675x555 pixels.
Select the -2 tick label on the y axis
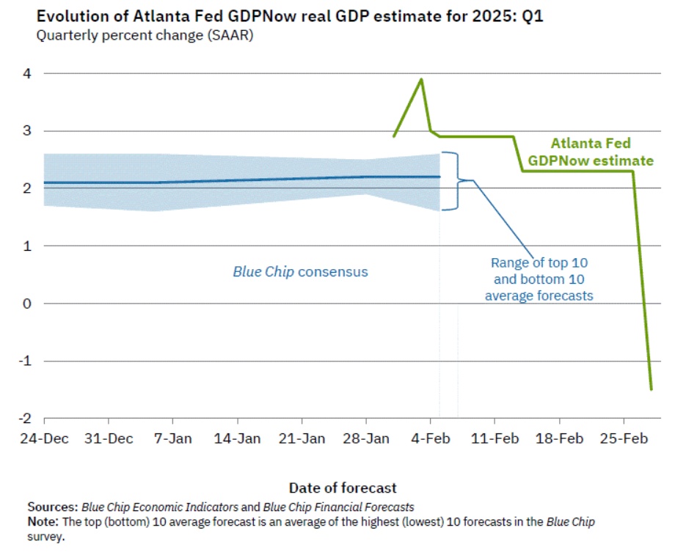tap(24, 418)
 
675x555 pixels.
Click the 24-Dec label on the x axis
tap(44, 438)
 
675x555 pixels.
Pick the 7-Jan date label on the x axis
tap(173, 438)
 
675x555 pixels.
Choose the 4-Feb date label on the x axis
tap(431, 438)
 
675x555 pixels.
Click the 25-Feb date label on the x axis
tap(623, 438)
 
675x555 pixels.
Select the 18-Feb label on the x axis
tap(558, 438)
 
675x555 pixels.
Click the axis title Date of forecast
tap(343, 488)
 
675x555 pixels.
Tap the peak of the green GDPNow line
tap(421, 79)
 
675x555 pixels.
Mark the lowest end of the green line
tap(651, 389)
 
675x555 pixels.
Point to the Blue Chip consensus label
tap(300, 272)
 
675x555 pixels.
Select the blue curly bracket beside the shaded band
tap(455, 180)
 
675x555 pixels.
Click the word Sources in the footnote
tap(52, 507)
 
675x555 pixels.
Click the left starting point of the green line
tap(394, 136)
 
